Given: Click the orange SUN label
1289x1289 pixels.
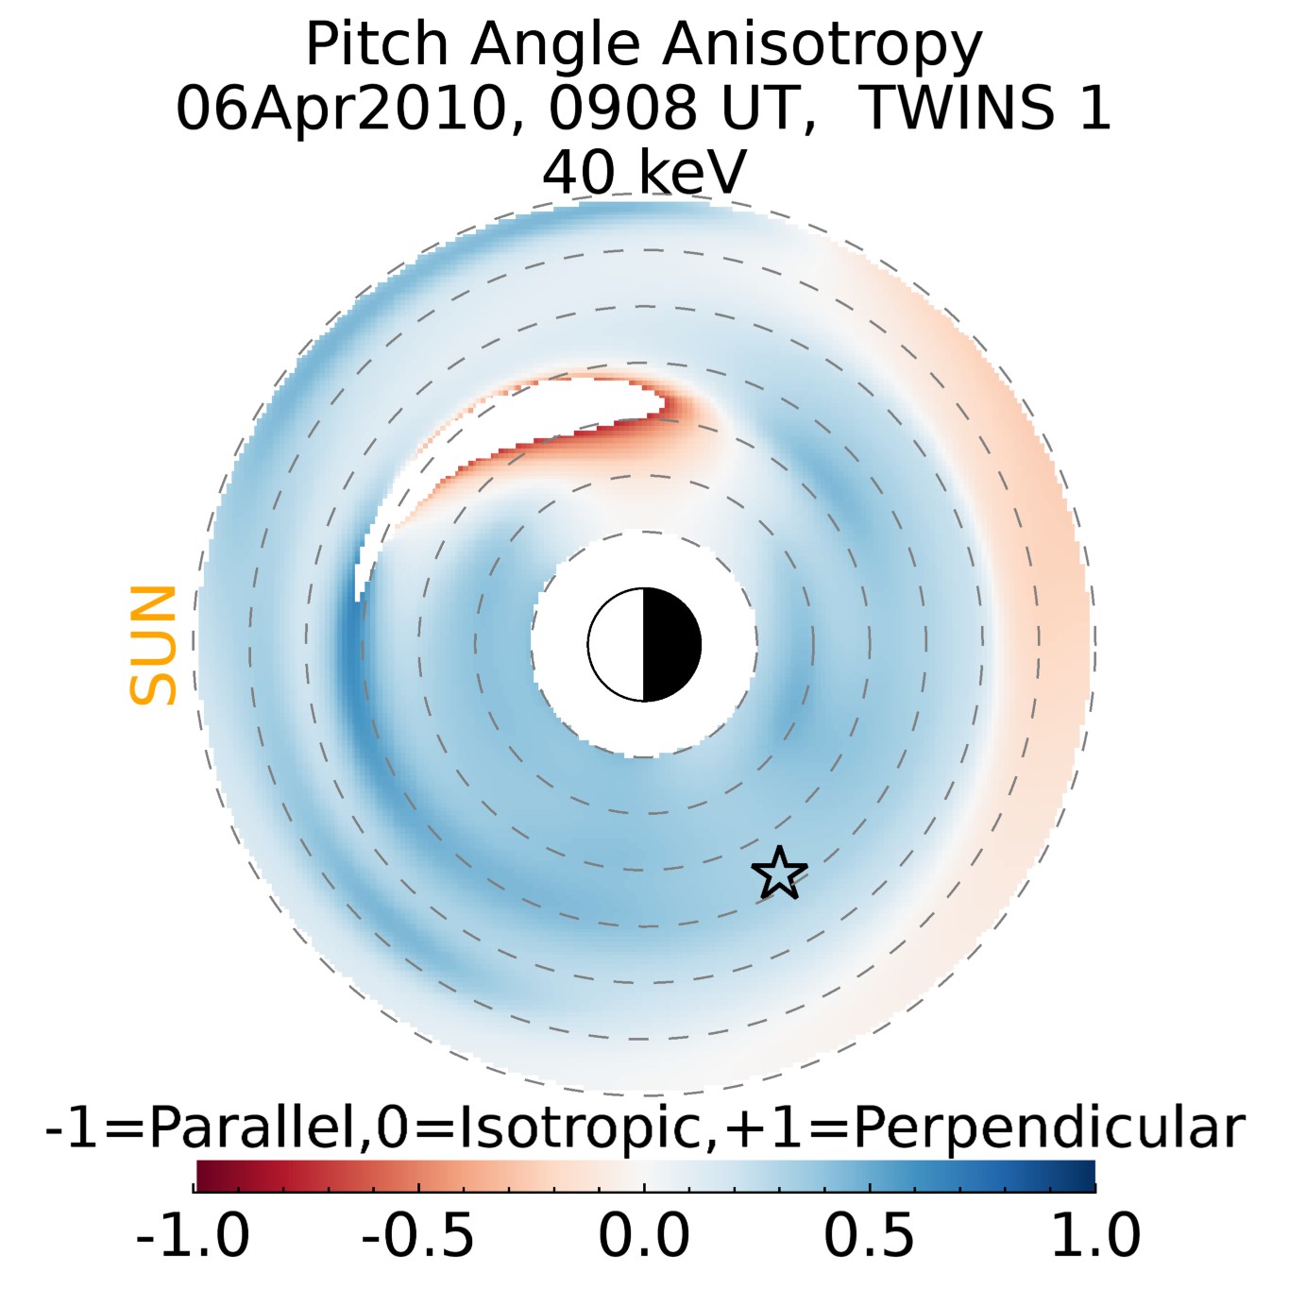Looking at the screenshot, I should [153, 645].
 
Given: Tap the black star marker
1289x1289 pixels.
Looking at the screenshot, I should [779, 873].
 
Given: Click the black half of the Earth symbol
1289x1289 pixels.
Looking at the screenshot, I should [671, 645].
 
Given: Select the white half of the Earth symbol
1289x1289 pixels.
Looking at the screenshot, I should [617, 645].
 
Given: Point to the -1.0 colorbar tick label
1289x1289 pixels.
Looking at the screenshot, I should [194, 1236].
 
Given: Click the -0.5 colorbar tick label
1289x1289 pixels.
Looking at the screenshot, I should [418, 1236].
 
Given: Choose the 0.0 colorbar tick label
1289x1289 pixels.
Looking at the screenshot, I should [644, 1236].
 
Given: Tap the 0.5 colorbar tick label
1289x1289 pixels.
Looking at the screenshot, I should [869, 1236].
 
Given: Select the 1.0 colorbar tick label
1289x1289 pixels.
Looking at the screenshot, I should [1095, 1236].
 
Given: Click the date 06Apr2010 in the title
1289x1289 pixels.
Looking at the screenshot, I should [338, 109].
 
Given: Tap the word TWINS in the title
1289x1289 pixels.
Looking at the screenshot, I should [959, 109].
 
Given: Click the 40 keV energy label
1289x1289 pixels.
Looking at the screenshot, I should [644, 173].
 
